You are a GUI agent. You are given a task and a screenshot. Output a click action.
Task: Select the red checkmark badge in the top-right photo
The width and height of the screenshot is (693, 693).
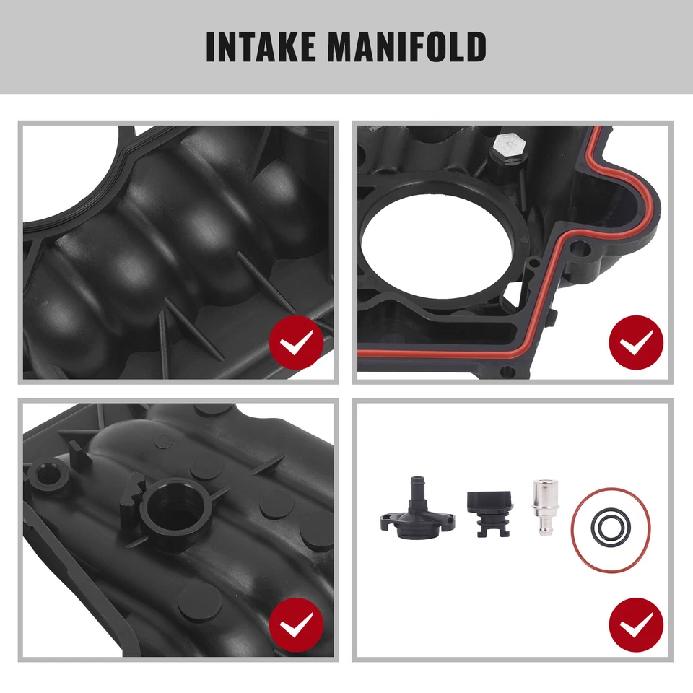pos(636,344)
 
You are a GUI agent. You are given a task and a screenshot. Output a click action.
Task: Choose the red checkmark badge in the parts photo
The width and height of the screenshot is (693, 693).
pos(636,622)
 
